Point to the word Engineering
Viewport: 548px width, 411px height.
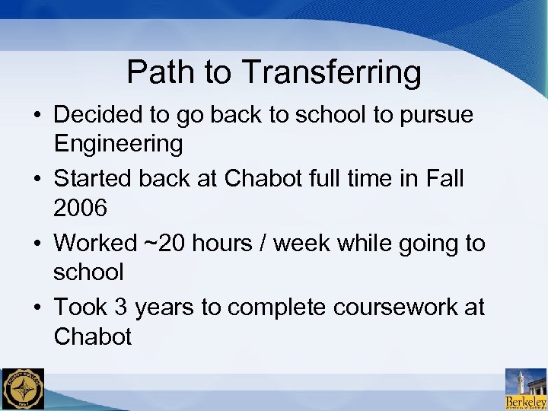[118, 144]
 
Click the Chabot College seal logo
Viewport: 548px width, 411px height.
[23, 389]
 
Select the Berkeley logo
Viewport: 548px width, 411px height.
[525, 389]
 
